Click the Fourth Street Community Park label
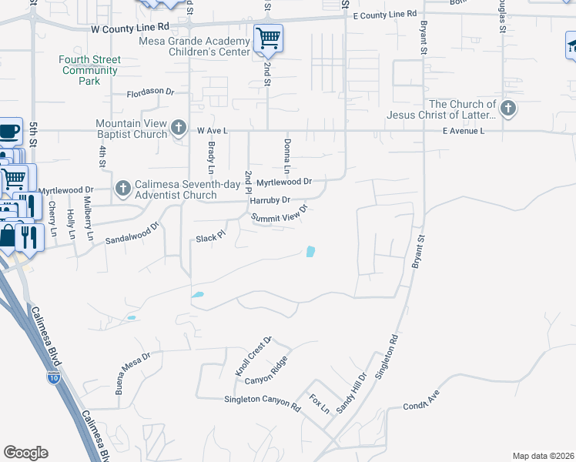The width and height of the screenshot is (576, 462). point(90,70)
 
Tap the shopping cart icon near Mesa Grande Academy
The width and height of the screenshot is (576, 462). point(268,38)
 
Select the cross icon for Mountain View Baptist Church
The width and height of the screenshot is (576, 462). point(179,127)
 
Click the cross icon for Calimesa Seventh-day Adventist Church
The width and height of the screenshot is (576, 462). point(123,188)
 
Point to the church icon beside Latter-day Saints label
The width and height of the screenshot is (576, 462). point(507,109)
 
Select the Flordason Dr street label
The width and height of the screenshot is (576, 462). point(151,92)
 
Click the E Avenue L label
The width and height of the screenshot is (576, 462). point(463,131)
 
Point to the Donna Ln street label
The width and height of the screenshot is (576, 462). point(286,156)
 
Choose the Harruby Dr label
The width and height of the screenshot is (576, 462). point(269,200)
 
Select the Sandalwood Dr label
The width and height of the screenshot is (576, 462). point(132,233)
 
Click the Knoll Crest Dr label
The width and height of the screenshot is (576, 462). point(254,356)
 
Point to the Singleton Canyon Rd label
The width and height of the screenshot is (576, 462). point(262,400)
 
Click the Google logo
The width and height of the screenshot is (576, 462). point(25,453)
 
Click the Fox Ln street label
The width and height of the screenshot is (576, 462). point(319,403)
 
